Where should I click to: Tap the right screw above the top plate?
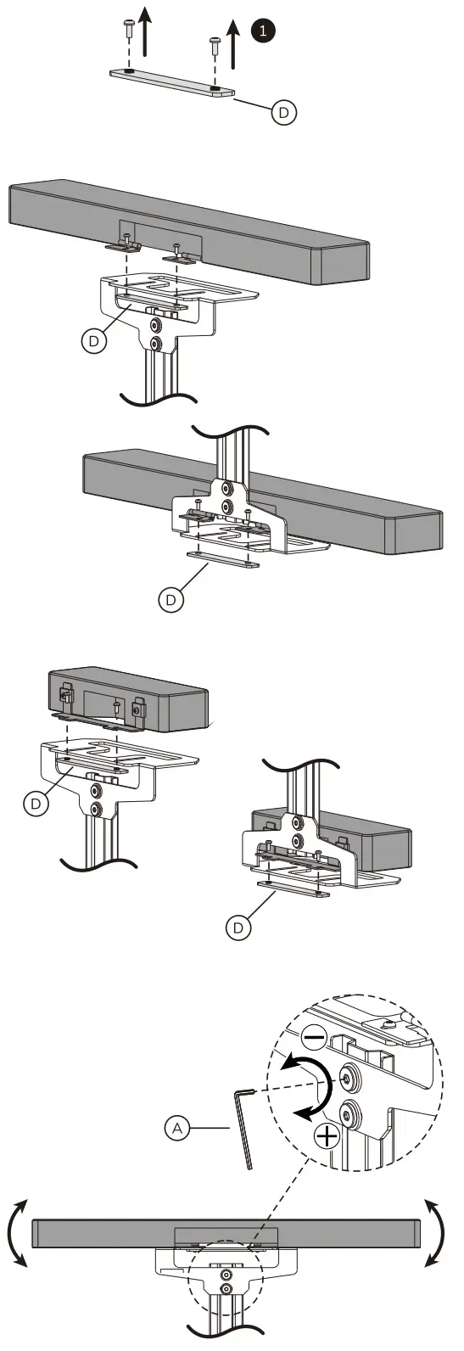point(214,42)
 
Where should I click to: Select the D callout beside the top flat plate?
point(284,112)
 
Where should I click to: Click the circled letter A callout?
point(177,1128)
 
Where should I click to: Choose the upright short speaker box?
point(127,698)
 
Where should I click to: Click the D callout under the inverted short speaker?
point(239,928)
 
